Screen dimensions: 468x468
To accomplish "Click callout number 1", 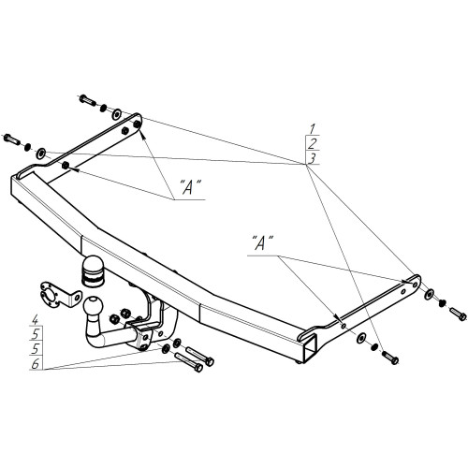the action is coord(313,128).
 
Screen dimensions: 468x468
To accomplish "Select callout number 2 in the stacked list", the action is coord(313,143).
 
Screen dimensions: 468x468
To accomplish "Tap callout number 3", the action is coord(312,158).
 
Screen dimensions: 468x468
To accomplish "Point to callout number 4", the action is coord(36,319).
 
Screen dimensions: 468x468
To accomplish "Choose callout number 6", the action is coord(36,364).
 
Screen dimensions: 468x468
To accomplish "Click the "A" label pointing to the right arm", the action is coord(262,243).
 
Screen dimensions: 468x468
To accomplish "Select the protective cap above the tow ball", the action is coord(93,271).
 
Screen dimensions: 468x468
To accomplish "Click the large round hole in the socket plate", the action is coord(49,296).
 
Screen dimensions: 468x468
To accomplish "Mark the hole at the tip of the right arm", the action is coord(415,285).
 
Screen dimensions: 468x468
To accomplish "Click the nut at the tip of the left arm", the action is coord(137,124).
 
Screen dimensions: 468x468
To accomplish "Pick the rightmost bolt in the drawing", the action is coord(458,314).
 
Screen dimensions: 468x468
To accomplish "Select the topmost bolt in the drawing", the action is coord(88,100).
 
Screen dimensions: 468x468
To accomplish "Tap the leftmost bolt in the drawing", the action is coord(11,139).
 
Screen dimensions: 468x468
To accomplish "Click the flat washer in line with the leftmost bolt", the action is coord(41,154).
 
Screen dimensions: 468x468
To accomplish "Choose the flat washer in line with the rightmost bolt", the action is coord(430,294).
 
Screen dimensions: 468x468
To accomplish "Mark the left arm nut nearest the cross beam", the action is coord(66,166).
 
